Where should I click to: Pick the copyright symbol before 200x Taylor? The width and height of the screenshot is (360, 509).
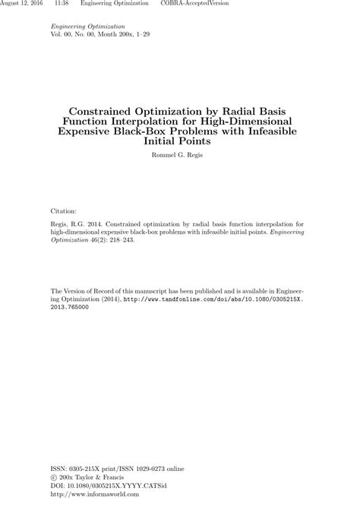[x=54, y=479]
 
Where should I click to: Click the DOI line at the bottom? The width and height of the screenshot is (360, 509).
[x=109, y=487]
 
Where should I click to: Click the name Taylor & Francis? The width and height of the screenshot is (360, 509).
[x=106, y=479]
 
